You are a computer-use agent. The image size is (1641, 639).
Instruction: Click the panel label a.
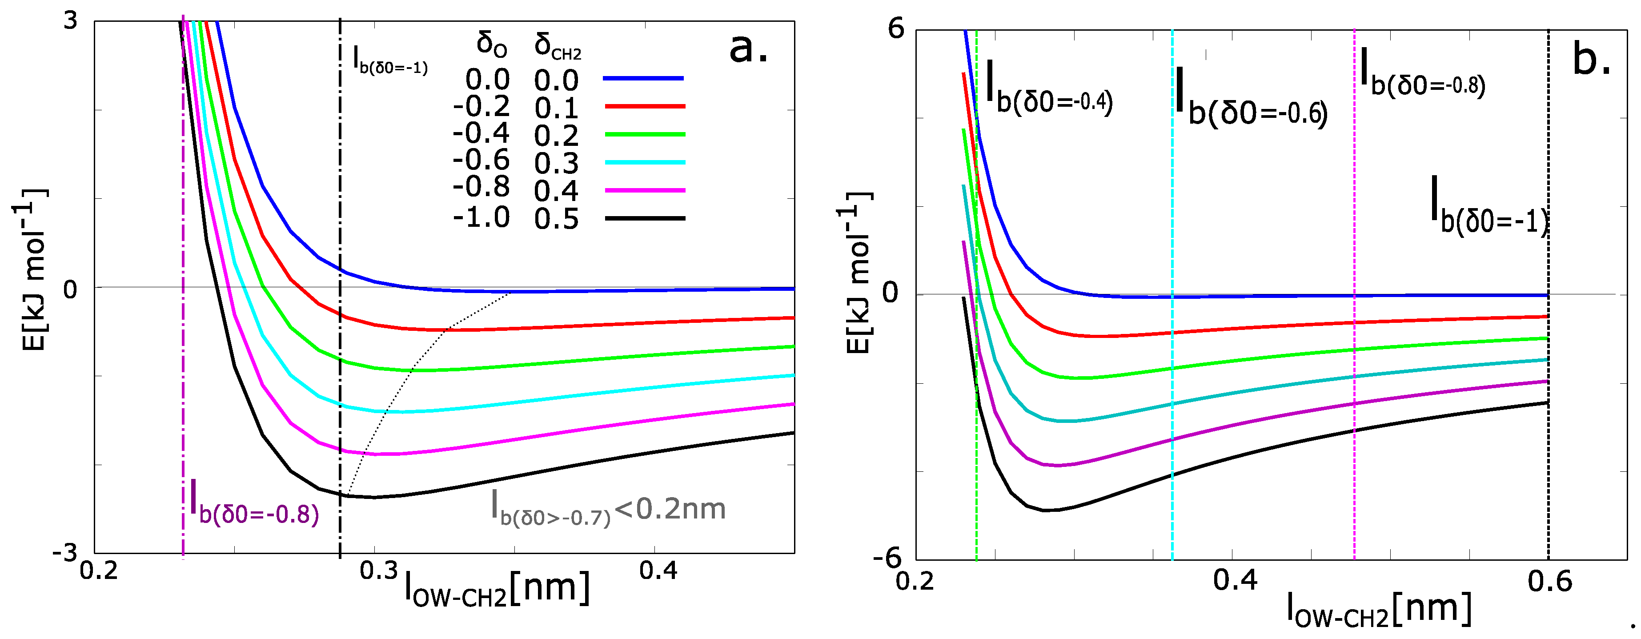749,48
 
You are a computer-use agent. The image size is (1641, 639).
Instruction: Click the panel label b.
1591,60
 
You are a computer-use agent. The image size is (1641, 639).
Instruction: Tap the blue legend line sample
643,78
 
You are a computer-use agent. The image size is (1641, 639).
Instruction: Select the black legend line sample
645,218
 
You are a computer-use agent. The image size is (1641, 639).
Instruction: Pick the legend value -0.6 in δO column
481,160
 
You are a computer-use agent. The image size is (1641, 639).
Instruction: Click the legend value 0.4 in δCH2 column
556,191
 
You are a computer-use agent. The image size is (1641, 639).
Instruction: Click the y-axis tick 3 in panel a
70,21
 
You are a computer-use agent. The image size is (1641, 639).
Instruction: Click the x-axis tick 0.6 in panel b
1550,582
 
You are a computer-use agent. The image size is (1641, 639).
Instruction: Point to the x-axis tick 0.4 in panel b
1235,580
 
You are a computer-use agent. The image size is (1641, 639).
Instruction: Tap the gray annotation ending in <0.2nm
608,510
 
